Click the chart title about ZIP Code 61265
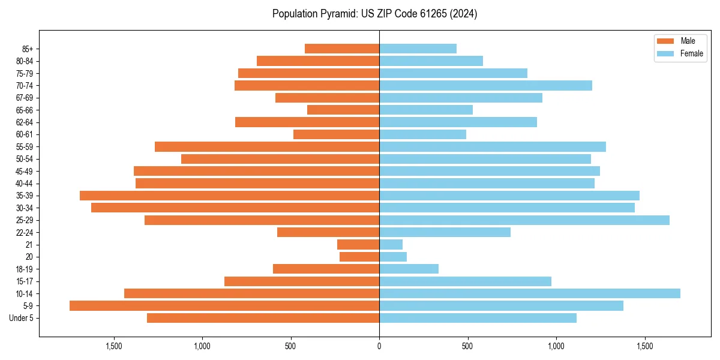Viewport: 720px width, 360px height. click(374, 14)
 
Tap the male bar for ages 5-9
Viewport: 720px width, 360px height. click(224, 306)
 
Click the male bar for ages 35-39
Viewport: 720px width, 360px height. click(229, 196)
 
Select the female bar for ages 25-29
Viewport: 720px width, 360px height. click(524, 220)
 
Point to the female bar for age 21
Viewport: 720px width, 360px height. click(391, 245)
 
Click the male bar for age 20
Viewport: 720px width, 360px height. click(359, 257)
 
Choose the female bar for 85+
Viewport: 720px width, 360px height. click(418, 49)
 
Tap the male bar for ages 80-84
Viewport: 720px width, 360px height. click(318, 61)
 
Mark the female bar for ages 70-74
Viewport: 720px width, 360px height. click(485, 86)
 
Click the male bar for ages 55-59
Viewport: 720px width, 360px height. click(267, 147)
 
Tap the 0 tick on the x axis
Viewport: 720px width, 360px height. click(379, 346)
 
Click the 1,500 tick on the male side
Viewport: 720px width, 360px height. click(114, 346)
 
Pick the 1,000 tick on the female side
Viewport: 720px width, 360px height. click(556, 346)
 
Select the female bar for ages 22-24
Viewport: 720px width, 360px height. click(445, 232)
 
